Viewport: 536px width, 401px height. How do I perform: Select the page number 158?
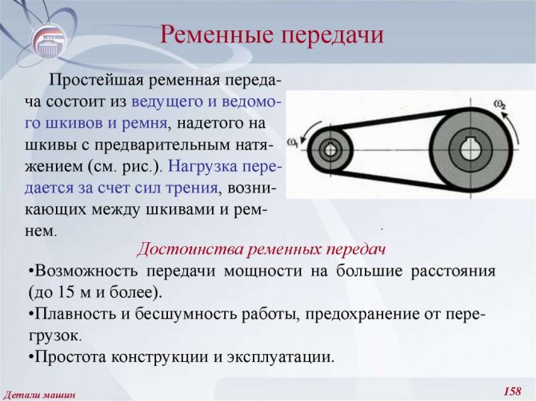[513, 391]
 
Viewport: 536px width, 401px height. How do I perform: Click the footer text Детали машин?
[41, 395]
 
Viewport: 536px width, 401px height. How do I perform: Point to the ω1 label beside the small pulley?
[293, 143]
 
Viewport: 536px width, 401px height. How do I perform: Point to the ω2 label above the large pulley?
[499, 105]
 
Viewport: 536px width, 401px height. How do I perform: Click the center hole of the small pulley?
[330, 150]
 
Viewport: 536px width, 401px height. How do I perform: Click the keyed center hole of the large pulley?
[470, 149]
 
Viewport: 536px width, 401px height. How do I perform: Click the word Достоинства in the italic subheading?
[190, 249]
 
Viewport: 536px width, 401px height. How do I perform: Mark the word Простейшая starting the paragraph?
[97, 82]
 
